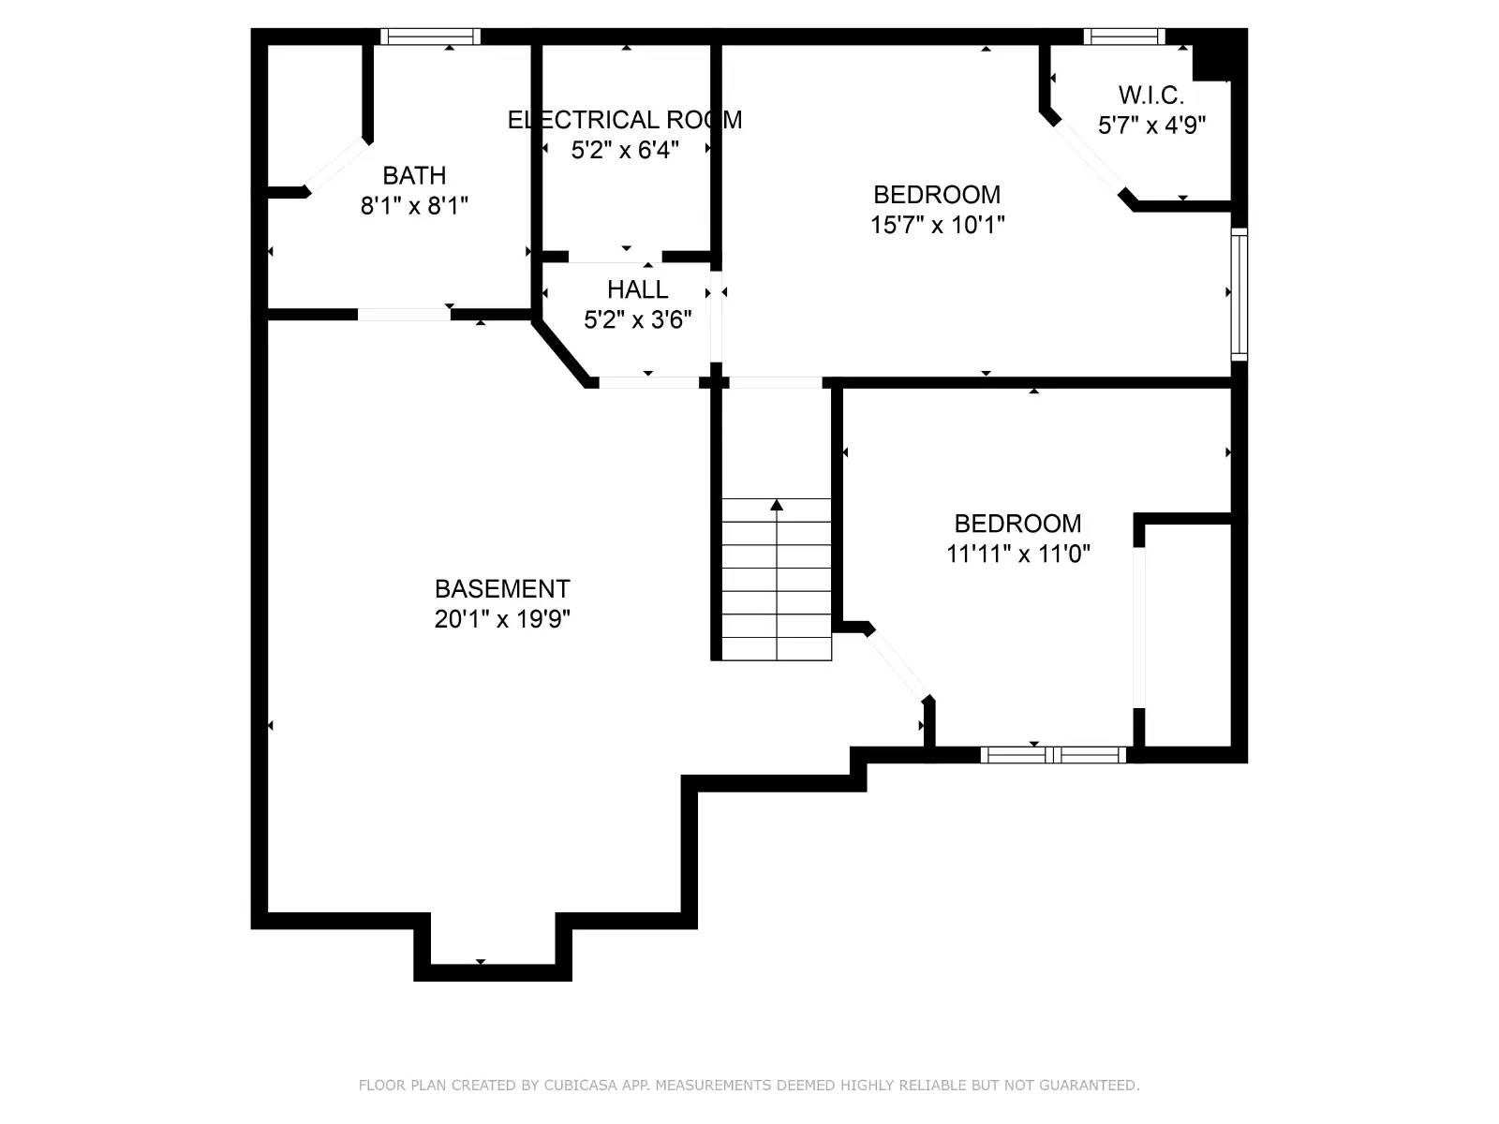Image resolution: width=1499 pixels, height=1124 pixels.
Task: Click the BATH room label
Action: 414,176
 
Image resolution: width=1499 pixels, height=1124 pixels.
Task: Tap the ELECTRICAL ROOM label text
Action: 625,120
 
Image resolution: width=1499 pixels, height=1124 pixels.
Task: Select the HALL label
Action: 637,289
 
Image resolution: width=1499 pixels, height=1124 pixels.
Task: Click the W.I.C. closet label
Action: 1150,96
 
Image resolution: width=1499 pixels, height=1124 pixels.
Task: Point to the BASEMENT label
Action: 502,589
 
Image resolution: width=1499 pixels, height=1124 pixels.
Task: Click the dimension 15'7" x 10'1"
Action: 937,225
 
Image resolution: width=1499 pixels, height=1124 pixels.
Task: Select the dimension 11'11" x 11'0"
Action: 1017,554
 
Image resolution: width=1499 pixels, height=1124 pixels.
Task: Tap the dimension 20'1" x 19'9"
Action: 502,619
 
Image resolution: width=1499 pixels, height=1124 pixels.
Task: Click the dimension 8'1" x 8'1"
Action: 414,206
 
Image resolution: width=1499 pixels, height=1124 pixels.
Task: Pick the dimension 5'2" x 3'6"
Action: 637,320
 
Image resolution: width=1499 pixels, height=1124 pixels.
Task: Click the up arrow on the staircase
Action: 777,506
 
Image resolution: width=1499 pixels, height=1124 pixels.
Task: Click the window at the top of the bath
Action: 431,37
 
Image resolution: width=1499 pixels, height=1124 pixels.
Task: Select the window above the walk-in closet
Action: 1124,37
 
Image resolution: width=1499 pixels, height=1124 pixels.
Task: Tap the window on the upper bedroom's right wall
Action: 1239,293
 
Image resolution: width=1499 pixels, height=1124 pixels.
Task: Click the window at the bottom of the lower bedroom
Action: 1053,755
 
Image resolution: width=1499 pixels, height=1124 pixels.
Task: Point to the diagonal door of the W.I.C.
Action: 1089,158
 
